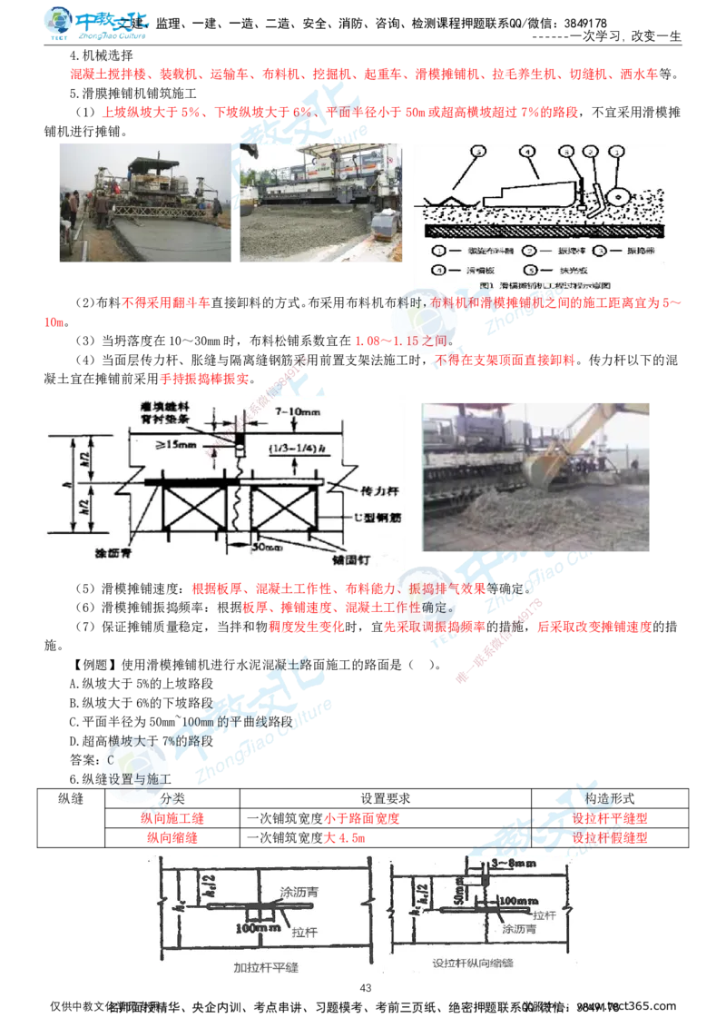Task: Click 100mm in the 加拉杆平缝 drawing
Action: pos(249,929)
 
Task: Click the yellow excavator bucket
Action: pos(542,469)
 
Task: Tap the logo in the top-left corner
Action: pos(98,24)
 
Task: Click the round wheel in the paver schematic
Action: pos(619,194)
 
